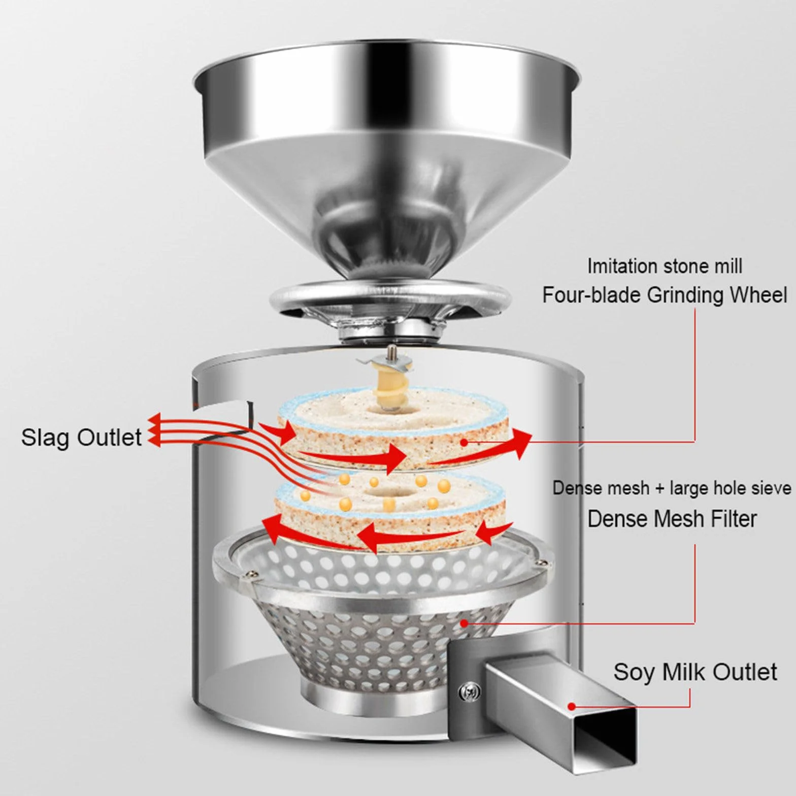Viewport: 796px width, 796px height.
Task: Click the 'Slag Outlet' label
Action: (x=81, y=438)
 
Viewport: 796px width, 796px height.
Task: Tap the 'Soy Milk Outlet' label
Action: (x=695, y=672)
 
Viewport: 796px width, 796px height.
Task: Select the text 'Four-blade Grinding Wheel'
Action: (x=665, y=295)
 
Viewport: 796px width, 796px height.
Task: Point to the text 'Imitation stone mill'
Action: (x=665, y=266)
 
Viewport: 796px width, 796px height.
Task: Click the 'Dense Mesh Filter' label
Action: (x=672, y=519)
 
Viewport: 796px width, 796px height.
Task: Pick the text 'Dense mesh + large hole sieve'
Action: (x=672, y=488)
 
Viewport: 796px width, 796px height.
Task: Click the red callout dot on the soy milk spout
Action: (x=572, y=706)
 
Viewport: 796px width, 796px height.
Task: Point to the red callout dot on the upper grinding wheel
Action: (x=464, y=442)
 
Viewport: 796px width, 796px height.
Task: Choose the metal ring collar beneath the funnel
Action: (x=390, y=300)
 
